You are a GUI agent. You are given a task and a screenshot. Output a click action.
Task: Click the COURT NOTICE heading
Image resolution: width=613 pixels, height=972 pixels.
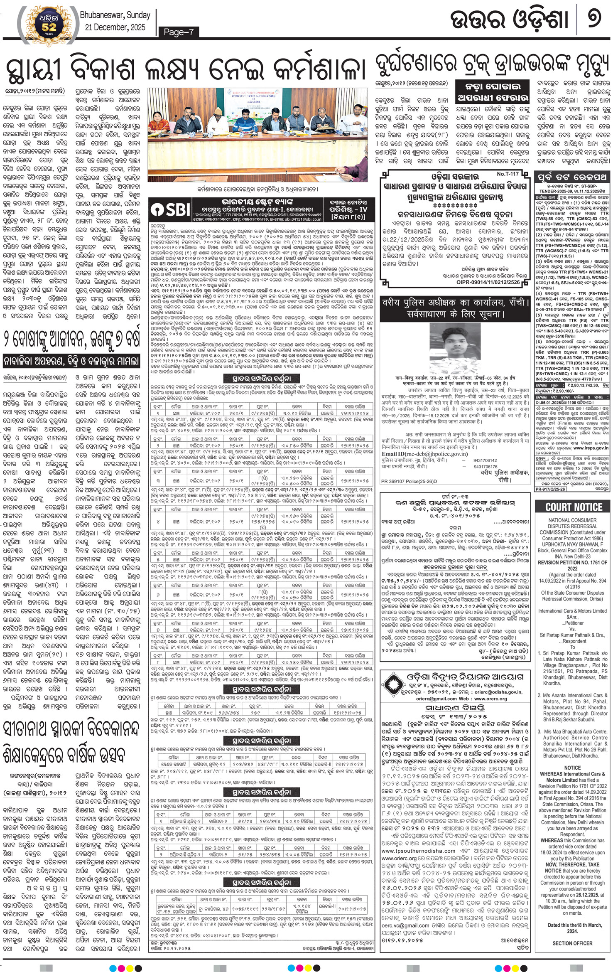point(574,507)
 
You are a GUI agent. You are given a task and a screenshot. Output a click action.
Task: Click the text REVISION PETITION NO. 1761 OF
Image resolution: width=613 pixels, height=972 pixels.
point(572,562)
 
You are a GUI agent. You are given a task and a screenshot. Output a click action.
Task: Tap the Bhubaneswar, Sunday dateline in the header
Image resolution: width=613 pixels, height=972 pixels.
point(115,15)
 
